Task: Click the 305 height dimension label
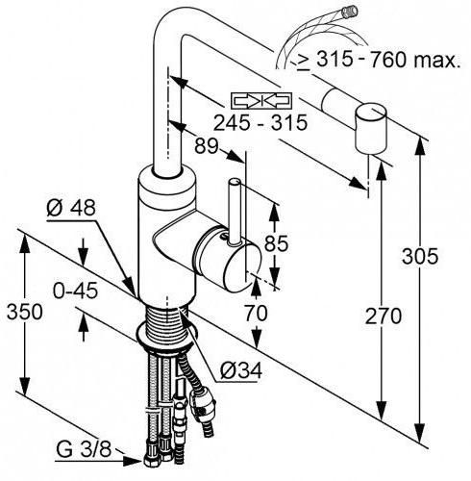click(x=420, y=256)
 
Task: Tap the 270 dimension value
click(x=384, y=316)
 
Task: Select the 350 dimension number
click(x=24, y=312)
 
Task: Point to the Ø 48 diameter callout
click(x=71, y=208)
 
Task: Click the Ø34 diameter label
click(x=241, y=370)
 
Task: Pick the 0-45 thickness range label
click(x=75, y=291)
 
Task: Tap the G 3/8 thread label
click(x=84, y=449)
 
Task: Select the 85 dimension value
click(x=276, y=243)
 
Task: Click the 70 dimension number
click(x=256, y=313)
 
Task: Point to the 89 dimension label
click(x=207, y=146)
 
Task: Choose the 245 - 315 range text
click(x=260, y=122)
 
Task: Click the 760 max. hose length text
click(x=415, y=60)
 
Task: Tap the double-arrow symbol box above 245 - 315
click(x=261, y=100)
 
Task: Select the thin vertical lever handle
click(x=235, y=213)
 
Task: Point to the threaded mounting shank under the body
click(x=166, y=324)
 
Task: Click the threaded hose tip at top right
click(x=349, y=12)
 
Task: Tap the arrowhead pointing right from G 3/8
click(x=133, y=461)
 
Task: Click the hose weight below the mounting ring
click(x=202, y=401)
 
